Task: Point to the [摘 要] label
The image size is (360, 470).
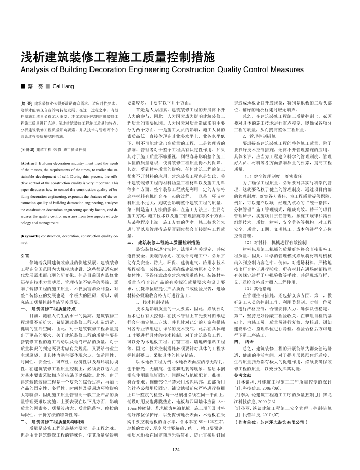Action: click(x=26, y=103)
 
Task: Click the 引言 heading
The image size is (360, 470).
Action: click(x=25, y=255)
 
